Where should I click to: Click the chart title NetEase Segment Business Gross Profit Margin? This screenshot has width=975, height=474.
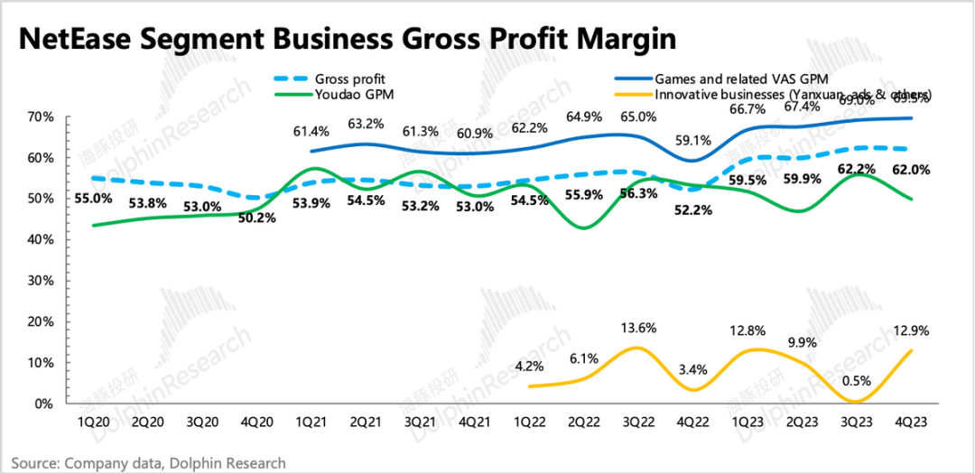[x=347, y=40]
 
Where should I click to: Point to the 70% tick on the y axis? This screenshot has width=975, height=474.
[x=42, y=117]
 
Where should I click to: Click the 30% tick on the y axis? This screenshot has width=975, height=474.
[x=42, y=281]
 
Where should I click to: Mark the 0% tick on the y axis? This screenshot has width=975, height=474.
[x=45, y=404]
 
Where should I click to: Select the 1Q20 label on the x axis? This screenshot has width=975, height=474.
[x=94, y=422]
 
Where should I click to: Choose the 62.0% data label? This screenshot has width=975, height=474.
[x=912, y=170]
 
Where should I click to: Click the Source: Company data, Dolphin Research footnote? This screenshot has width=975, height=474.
[x=149, y=463]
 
